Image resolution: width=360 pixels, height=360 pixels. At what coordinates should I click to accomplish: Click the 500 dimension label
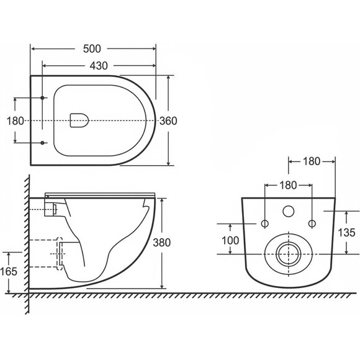pyautogui.click(x=92, y=49)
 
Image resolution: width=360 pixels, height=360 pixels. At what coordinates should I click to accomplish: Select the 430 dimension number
pyautogui.click(x=99, y=66)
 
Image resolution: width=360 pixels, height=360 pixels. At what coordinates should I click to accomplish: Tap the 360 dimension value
pyautogui.click(x=168, y=121)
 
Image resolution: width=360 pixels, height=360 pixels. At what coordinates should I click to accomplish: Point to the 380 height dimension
pyautogui.click(x=162, y=243)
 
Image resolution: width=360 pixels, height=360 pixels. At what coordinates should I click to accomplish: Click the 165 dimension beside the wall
pyautogui.click(x=9, y=272)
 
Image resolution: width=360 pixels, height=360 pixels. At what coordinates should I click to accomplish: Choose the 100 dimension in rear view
pyautogui.click(x=230, y=241)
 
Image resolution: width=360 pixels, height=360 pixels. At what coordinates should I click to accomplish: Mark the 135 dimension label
pyautogui.click(x=347, y=233)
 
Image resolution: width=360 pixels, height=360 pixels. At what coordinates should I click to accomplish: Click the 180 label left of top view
pyautogui.click(x=15, y=121)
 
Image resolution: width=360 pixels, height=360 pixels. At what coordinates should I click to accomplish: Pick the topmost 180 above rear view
pyautogui.click(x=312, y=161)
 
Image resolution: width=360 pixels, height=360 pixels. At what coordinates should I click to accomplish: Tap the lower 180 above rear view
pyautogui.click(x=289, y=186)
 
